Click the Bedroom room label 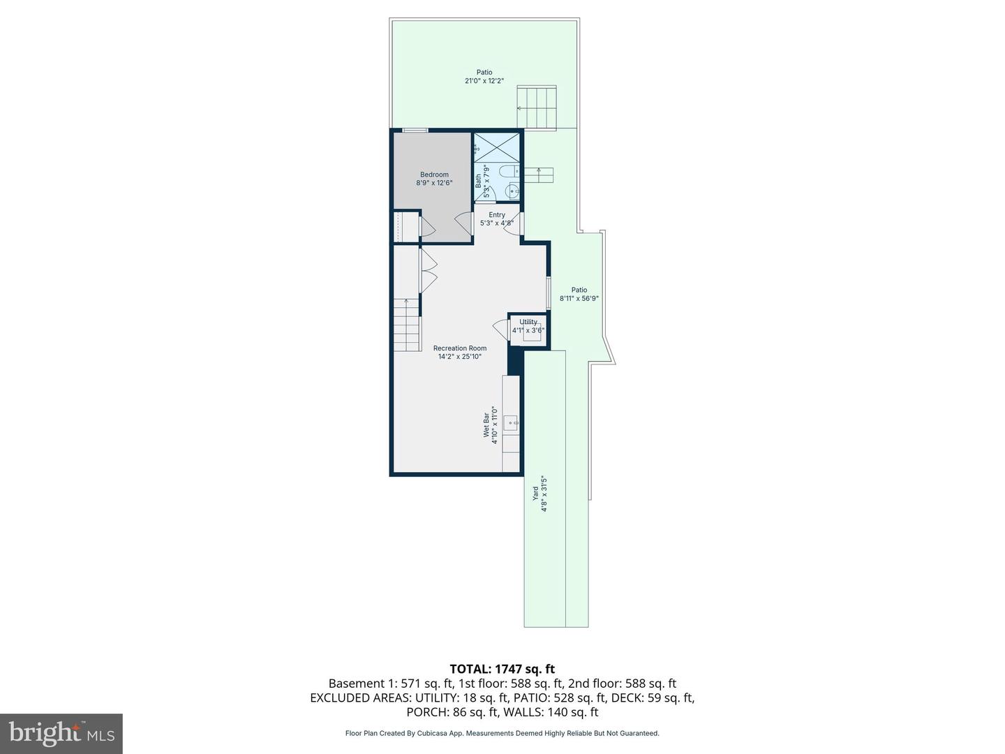pyautogui.click(x=434, y=175)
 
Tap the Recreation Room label pyautogui.click(x=459, y=348)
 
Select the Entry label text pyautogui.click(x=497, y=215)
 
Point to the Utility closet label pyautogui.click(x=528, y=322)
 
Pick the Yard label pyautogui.click(x=536, y=494)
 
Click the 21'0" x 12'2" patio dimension pyautogui.click(x=484, y=81)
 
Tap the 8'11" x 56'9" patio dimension pyautogui.click(x=579, y=298)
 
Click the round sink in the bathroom pyautogui.click(x=513, y=191)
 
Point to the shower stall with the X pyautogui.click(x=497, y=148)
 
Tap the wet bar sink pyautogui.click(x=511, y=422)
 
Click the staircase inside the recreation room pyautogui.click(x=406, y=325)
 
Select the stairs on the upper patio pyautogui.click(x=536, y=108)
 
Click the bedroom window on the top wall pyautogui.click(x=415, y=130)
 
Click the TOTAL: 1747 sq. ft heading pyautogui.click(x=502, y=670)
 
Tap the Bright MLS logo pyautogui.click(x=61, y=733)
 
